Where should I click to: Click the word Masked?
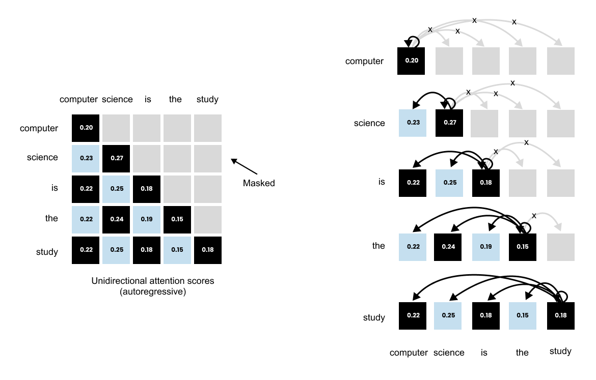coord(259,183)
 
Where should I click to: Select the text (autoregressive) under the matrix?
coord(152,291)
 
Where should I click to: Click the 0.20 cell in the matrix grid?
coord(86,128)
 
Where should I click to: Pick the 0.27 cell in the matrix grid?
coord(116,158)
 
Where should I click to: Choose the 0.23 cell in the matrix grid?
coord(86,158)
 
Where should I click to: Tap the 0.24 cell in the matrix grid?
coord(116,219)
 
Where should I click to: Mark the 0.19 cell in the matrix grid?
coord(147,219)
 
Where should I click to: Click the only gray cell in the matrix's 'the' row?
coord(208,219)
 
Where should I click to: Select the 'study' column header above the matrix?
coord(207,99)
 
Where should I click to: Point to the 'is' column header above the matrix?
coord(148,99)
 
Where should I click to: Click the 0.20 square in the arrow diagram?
coord(411,61)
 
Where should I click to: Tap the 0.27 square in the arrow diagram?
coord(449,123)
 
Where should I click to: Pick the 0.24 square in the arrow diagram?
coord(449,246)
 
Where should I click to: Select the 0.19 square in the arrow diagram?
coord(486,246)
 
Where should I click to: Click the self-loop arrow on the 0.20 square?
coord(412,40)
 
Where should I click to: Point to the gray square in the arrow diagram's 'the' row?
coord(560,246)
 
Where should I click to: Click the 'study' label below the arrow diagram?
coord(560,351)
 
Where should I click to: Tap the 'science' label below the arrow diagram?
coord(449,353)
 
